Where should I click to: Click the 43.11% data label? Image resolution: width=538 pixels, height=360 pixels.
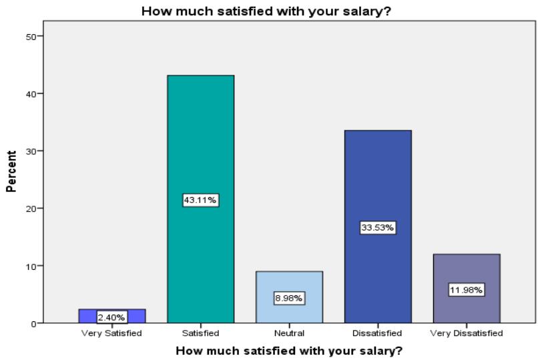tap(200, 200)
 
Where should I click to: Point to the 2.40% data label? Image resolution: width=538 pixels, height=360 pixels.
tap(111, 317)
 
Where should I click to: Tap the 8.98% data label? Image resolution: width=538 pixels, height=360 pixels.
tap(289, 298)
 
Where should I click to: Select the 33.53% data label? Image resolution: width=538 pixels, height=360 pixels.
tap(378, 228)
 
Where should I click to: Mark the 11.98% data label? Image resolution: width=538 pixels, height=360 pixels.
tap(467, 290)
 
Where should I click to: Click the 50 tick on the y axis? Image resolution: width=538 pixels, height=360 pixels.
tap(31, 36)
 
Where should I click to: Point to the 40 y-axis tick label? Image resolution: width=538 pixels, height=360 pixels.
tap(31, 94)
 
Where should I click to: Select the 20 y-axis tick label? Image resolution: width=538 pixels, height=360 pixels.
tap(31, 208)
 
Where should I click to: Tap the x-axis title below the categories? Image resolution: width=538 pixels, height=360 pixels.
tap(289, 351)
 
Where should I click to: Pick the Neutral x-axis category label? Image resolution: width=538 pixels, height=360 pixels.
tap(289, 333)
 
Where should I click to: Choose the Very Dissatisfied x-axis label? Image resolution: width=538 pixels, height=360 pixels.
tap(467, 333)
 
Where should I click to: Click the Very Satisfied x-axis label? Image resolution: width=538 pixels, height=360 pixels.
tap(111, 333)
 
